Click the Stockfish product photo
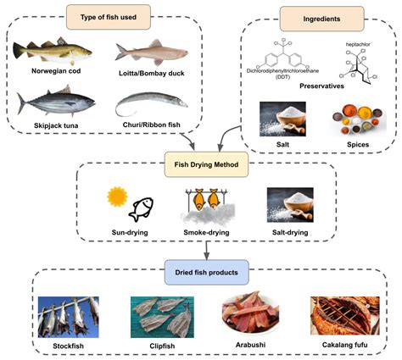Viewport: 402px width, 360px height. (69, 316)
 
